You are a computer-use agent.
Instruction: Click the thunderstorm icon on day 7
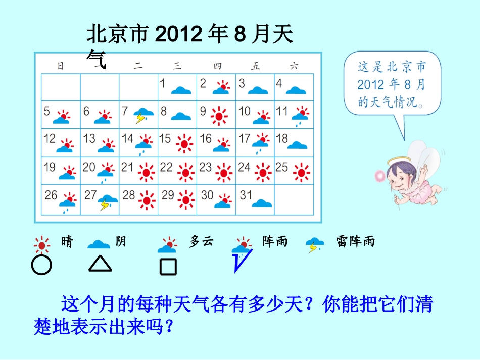[144, 115]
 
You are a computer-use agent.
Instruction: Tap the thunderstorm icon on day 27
[107, 201]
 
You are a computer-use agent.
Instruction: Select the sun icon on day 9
[219, 115]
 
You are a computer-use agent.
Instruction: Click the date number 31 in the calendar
[246, 195]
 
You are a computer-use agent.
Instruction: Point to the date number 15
[165, 138]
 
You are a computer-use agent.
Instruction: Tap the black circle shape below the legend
[41, 265]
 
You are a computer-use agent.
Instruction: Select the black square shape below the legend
[168, 266]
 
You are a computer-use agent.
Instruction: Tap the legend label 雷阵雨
[356, 242]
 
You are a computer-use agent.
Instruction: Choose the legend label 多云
[201, 242]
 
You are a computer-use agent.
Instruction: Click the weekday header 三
[177, 65]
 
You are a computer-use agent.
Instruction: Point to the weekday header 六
[295, 65]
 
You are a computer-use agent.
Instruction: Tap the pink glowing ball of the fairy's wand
[379, 175]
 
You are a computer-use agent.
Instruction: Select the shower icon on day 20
[107, 172]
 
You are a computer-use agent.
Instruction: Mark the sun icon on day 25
[302, 172]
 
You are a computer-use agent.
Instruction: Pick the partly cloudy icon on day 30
[223, 200]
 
